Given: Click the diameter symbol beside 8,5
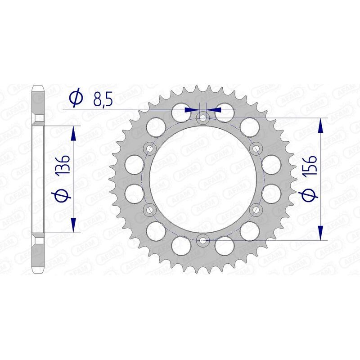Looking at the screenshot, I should pos(76,98).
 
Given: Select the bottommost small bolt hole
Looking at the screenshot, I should pos(203,240).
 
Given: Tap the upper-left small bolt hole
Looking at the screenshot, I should pos(150,149).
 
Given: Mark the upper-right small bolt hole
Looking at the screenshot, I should pos(256,149).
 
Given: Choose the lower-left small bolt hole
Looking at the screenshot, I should pos(150,210).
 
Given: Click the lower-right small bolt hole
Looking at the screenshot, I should pos(256,210).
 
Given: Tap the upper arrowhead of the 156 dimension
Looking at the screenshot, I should pos(320,126).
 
